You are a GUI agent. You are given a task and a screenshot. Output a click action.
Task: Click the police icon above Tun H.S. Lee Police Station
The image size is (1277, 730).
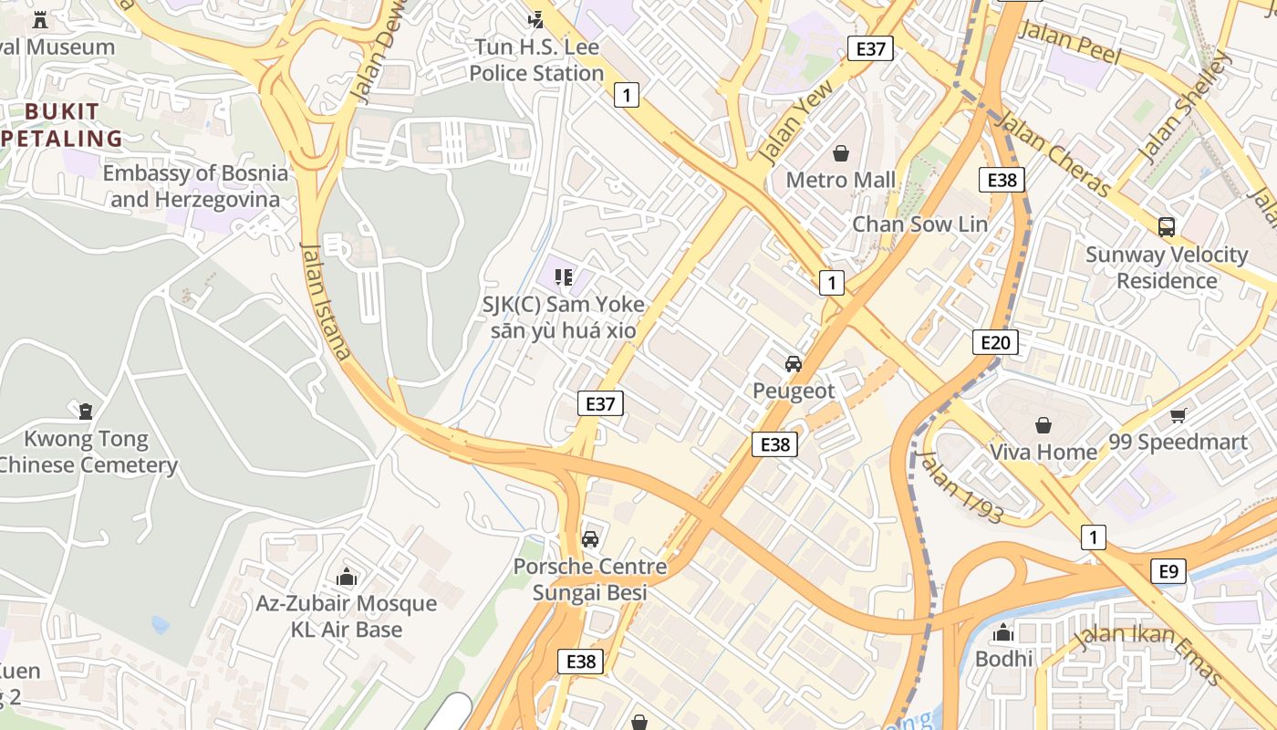coord(536,19)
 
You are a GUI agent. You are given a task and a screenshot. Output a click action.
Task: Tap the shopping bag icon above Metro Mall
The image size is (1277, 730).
coord(841,153)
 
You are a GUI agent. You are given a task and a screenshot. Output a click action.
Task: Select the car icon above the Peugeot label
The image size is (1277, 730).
coord(794,364)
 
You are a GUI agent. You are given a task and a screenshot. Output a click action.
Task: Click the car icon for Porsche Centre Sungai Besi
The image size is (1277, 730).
coord(590,539)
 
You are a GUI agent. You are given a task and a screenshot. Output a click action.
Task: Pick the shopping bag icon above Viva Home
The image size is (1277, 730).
coord(1043,425)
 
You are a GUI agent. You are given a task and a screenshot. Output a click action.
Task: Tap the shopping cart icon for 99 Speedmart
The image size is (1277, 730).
coord(1178,416)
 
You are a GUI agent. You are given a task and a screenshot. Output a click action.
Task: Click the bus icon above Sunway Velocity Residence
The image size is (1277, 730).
coord(1166,227)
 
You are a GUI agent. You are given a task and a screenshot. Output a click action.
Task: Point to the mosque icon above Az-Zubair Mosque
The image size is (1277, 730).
coord(346,577)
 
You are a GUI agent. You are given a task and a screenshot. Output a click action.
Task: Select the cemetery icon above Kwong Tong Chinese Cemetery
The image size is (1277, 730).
coord(86,412)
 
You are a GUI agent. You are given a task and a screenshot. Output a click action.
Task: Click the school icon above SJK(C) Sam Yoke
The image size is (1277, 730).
coord(564,276)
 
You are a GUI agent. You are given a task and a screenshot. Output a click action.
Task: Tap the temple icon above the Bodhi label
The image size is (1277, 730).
coord(1003,632)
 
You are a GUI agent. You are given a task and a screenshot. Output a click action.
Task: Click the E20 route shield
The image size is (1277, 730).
coord(994,342)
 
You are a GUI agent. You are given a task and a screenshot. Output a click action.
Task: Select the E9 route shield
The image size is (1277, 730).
coord(1168,572)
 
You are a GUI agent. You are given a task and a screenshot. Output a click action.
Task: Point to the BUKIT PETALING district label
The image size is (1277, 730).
coord(62,125)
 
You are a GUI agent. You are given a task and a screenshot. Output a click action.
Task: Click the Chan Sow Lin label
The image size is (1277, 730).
coord(919,224)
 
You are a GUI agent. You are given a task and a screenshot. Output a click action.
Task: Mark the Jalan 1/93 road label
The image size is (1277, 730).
coord(961,487)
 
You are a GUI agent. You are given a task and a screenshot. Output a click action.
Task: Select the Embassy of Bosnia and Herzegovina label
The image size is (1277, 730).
coord(194,186)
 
